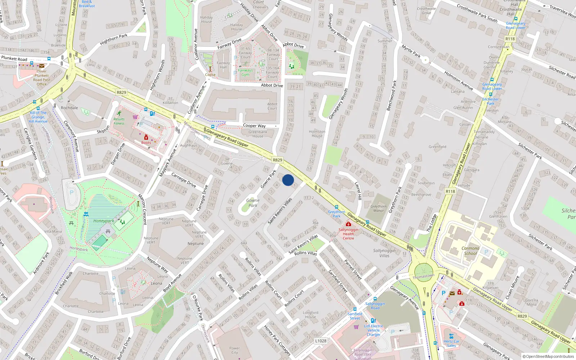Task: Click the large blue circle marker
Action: pyautogui.click(x=288, y=180)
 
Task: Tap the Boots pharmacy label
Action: pyautogui.click(x=146, y=143)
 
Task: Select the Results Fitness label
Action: pyautogui.click(x=119, y=121)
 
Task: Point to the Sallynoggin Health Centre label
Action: pyautogui.click(x=348, y=234)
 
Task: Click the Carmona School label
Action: pyautogui.click(x=471, y=251)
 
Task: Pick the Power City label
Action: pyautogui.click(x=234, y=350)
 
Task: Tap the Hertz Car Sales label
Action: pyautogui.click(x=451, y=343)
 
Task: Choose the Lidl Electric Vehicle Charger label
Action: pyautogui.click(x=374, y=330)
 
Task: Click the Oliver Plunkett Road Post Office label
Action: pyautogui.click(x=42, y=77)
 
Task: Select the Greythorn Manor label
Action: pyautogui.click(x=378, y=208)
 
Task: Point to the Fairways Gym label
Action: pyautogui.click(x=246, y=72)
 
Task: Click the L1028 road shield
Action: pyautogui.click(x=321, y=341)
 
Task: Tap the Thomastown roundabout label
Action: pyautogui.click(x=423, y=276)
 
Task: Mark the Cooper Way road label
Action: pyautogui.click(x=254, y=126)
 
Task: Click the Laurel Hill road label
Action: pyautogui.click(x=358, y=191)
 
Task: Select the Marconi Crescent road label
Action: pyautogui.click(x=143, y=209)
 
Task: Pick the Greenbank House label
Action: pyautogui.click(x=258, y=134)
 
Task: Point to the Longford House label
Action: pyautogui.click(x=310, y=315)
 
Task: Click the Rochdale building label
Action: pyautogui.click(x=69, y=108)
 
